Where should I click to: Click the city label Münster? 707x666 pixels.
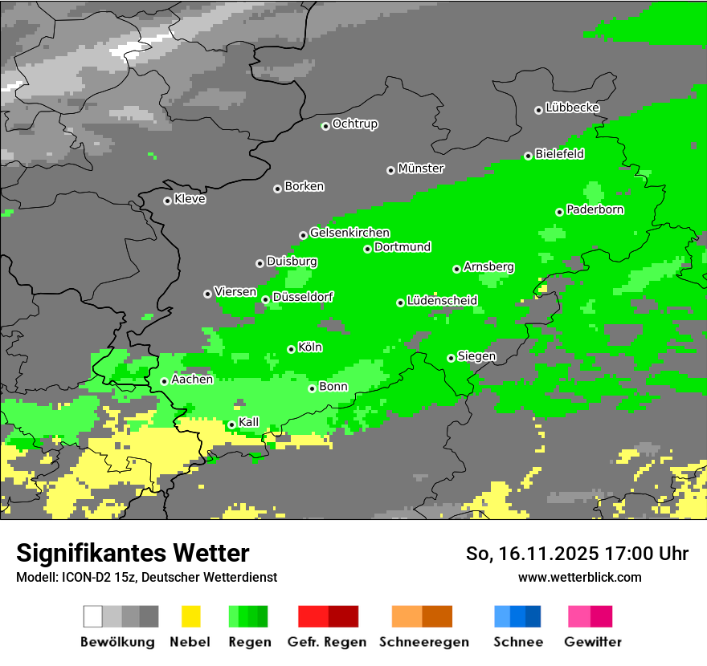coord(421,169)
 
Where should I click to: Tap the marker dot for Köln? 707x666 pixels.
coord(292,349)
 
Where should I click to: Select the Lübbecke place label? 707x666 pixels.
coord(573,108)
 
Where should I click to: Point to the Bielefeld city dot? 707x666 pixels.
coord(529,156)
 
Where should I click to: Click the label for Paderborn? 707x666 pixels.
coord(595,209)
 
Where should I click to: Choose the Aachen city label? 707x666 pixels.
coord(192,380)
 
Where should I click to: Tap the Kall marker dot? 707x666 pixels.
coord(232,424)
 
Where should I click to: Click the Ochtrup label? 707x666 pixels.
coord(355,124)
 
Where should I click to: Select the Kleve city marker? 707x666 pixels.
coord(168,201)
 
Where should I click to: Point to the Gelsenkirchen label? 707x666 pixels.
coord(349,233)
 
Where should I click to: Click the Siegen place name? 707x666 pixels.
coord(476,356)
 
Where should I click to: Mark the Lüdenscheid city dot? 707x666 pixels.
coord(401,303)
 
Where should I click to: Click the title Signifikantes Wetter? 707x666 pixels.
coord(133,553)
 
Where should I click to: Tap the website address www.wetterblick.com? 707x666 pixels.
coord(579,577)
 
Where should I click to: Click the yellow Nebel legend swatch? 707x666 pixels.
coord(190,616)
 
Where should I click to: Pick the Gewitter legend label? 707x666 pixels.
coord(593,642)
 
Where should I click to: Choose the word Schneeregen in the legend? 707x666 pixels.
coord(424,642)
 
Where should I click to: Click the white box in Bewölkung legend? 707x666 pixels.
coord(93,616)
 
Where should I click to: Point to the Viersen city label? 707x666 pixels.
coord(235,292)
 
